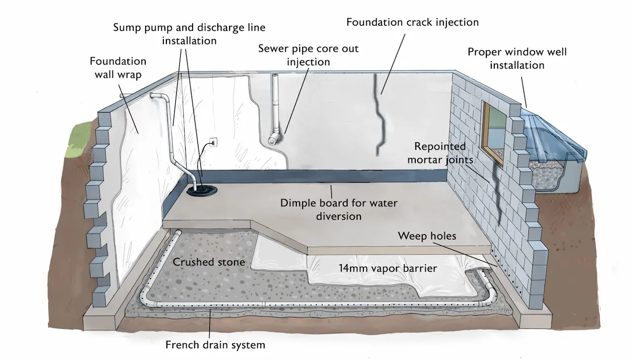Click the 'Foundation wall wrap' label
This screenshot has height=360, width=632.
118,68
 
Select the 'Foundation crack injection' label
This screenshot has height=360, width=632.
412,23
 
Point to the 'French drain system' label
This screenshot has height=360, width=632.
215,345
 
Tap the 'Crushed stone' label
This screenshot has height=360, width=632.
208,262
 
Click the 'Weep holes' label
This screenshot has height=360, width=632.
427,236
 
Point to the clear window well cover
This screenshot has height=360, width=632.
553,133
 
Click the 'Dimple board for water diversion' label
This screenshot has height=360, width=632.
338,209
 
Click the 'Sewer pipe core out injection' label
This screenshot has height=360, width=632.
308,55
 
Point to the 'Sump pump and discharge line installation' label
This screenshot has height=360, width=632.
189,34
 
